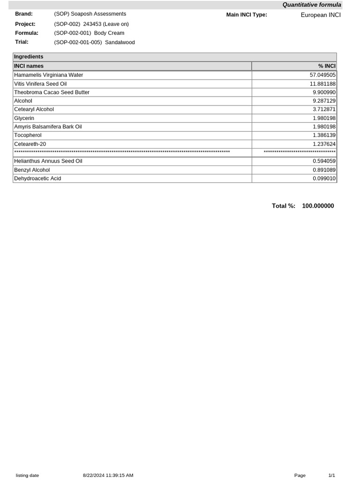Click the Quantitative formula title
point(312,5)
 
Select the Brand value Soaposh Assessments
point(90,14)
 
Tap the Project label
point(25,24)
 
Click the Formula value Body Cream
point(89,33)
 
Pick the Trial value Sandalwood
point(94,43)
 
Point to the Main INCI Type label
point(247,15)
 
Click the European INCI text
point(321,15)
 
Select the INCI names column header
point(29,66)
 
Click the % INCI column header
point(327,66)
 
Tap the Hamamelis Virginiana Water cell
point(48,75)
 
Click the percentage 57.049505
point(322,75)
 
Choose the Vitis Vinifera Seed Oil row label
point(40,83)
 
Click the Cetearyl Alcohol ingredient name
point(34,109)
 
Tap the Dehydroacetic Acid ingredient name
point(37,179)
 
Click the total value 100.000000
point(318,206)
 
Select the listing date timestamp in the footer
point(108,475)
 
